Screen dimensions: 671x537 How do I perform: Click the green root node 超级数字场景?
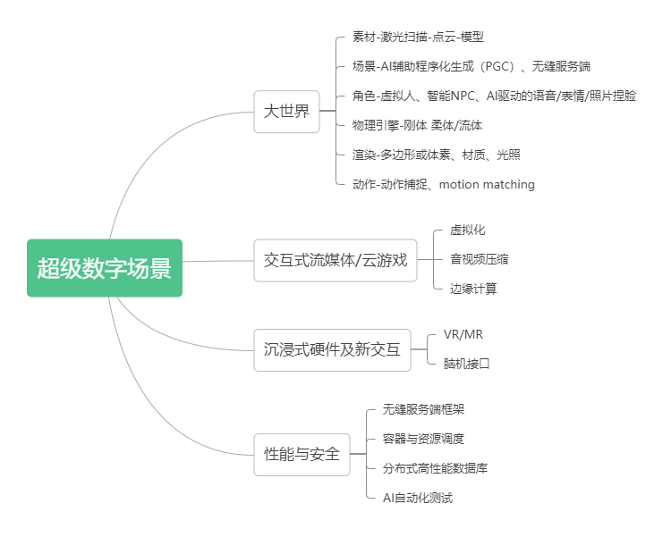[105, 268]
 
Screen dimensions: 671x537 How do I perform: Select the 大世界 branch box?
[286, 112]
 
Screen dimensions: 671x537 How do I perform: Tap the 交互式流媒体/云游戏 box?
[335, 260]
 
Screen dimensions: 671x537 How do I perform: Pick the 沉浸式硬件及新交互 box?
[332, 349]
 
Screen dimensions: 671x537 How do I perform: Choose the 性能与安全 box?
[302, 455]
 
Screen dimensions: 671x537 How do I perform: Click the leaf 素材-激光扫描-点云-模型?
[418, 38]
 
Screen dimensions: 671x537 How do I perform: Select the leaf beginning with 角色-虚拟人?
[494, 96]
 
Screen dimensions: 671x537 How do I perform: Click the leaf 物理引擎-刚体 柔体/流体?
[417, 125]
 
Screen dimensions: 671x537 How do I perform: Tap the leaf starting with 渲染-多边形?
[436, 155]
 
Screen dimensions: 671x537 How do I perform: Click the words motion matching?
[487, 184]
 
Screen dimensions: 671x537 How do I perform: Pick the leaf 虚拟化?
[467, 230]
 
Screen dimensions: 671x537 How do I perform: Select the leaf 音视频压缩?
[479, 259]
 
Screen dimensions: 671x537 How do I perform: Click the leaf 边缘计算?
[473, 289]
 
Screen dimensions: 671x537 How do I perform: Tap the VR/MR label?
[463, 334]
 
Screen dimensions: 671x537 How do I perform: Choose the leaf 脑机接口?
[466, 364]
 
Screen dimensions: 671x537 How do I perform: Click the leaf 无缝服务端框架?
[423, 409]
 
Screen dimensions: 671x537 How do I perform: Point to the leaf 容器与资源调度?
[423, 439]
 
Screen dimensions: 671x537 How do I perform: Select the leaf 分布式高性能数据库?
[435, 468]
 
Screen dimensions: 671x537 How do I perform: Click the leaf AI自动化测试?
[418, 498]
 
